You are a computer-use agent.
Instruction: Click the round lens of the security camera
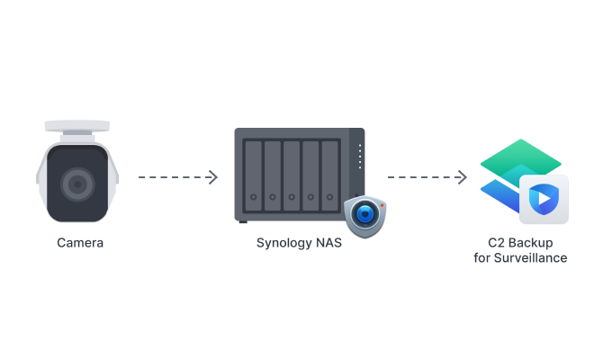pyautogui.click(x=76, y=184)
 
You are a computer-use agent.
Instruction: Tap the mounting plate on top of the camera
pyautogui.click(x=77, y=125)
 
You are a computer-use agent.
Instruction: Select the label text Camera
pyautogui.click(x=80, y=242)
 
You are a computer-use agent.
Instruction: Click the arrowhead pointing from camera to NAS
pyautogui.click(x=213, y=177)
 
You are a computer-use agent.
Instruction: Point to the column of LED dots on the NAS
pyautogui.click(x=358, y=157)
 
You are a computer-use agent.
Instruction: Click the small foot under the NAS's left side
pyautogui.click(x=241, y=221)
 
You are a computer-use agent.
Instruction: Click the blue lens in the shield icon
pyautogui.click(x=364, y=215)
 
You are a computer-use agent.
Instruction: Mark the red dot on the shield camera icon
pyautogui.click(x=381, y=205)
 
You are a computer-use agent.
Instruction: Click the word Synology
pyautogui.click(x=283, y=242)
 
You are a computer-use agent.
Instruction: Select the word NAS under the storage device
pyautogui.click(x=327, y=242)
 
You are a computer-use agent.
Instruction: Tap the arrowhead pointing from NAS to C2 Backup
pyautogui.click(x=463, y=177)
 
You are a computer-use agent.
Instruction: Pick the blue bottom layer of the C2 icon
pyautogui.click(x=499, y=193)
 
